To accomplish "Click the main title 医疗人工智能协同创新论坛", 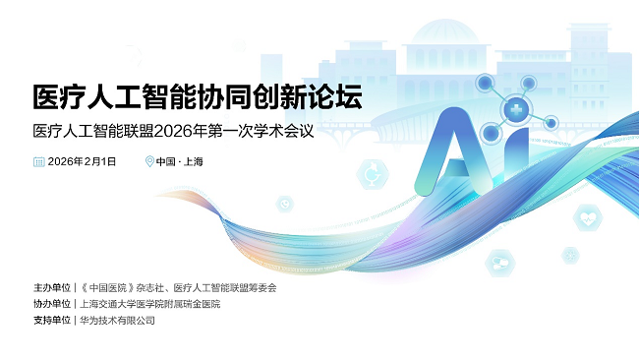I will [x=197, y=97].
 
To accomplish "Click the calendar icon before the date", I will [x=38, y=161].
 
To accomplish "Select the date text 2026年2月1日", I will [x=83, y=161].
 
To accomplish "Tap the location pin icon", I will [x=149, y=161].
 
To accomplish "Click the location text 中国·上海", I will [x=180, y=161].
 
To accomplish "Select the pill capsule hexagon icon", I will [x=499, y=262].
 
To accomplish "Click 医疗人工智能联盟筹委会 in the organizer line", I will [x=225, y=288].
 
